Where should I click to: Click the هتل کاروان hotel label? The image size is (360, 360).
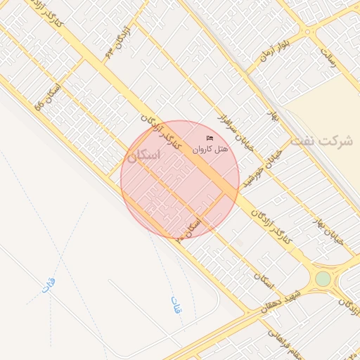211,149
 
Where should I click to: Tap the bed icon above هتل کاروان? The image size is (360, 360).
210,138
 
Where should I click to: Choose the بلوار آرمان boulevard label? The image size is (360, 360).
275,46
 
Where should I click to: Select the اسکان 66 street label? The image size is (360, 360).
48,97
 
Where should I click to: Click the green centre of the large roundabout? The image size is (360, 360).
323,279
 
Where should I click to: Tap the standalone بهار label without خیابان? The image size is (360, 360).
272,116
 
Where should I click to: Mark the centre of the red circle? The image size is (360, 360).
180,179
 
